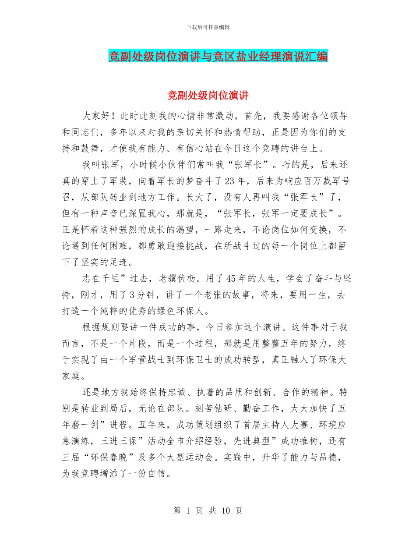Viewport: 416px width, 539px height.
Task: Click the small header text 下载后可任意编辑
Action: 208,27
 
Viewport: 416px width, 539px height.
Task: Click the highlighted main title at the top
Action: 218,57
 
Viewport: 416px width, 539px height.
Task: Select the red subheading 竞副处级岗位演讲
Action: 208,96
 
